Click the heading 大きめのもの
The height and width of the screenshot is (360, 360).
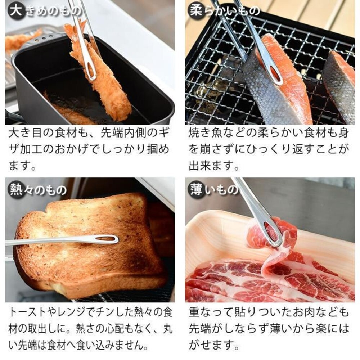45,11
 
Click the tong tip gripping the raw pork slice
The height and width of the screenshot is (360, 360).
271,234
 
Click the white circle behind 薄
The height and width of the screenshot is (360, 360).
196,189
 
